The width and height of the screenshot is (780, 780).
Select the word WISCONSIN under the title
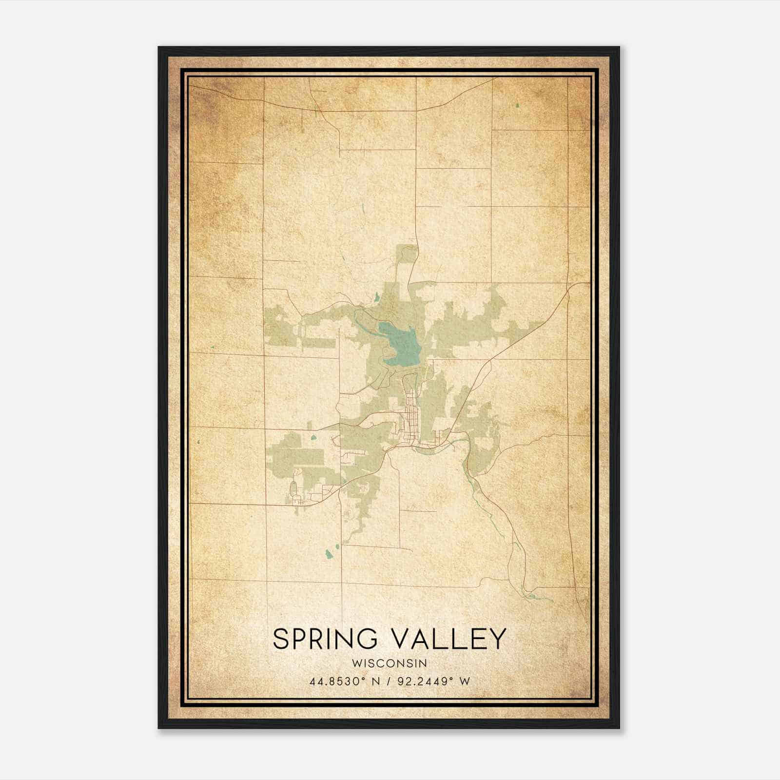click(390, 663)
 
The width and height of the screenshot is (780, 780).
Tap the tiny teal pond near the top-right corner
click(518, 104)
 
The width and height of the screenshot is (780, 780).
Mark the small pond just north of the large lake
click(377, 295)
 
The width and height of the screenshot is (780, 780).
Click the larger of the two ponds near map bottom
click(328, 554)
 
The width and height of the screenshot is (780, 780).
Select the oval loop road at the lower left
click(293, 488)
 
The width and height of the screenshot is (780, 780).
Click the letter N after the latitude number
click(375, 682)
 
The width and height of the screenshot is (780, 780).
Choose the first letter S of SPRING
click(280, 639)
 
